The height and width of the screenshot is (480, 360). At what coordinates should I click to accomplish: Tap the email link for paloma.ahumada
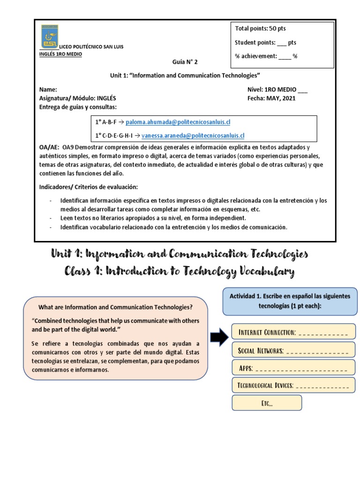178,122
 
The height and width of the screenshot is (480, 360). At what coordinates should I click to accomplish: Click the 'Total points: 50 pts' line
260,29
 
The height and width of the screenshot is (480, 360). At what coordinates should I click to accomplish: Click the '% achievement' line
266,56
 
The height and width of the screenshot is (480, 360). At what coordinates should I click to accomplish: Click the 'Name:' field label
48,89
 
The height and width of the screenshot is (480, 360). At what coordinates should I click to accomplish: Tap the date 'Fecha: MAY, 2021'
271,98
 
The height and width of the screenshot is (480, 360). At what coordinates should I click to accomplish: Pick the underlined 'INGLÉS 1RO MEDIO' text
60,54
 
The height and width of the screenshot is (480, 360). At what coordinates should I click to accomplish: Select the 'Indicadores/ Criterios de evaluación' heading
89,187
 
